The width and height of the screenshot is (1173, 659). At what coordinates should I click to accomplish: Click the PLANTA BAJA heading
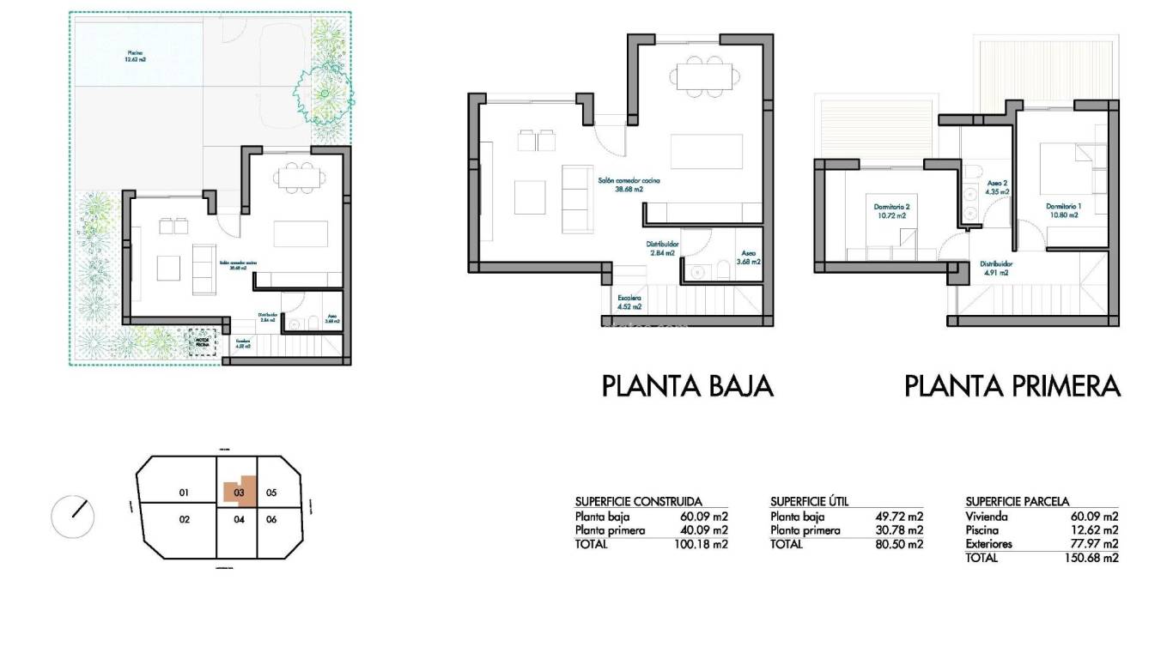687,386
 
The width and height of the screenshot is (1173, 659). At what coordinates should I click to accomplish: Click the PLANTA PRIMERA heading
1012,386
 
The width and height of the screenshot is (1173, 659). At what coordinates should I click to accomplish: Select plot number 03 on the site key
240,493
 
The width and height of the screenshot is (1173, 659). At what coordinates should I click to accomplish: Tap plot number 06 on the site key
270,519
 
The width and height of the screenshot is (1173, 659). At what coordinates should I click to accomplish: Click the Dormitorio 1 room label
1062,211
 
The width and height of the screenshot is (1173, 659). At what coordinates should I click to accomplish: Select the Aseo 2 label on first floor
997,188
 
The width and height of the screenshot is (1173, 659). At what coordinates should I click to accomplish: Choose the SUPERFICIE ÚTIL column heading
809,501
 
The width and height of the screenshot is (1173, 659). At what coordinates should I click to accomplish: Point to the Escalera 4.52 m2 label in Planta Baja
629,301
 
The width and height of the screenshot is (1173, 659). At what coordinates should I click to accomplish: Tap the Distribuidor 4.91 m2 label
996,269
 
